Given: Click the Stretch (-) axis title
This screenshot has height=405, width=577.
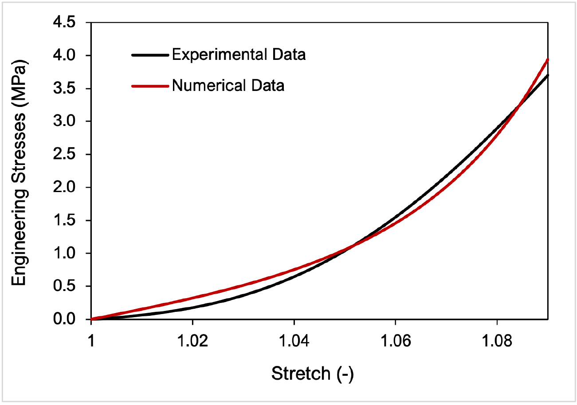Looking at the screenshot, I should tap(312, 374).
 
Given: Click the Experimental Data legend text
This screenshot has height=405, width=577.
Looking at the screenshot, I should tap(239, 55).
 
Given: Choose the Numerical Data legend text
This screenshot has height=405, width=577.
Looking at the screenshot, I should tap(228, 85).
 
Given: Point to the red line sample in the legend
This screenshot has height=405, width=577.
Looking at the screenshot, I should tap(150, 86).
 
